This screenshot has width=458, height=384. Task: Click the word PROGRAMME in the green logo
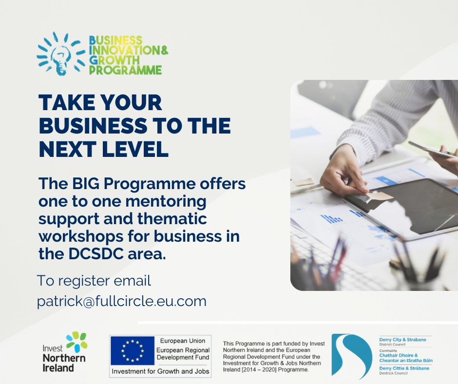[125, 70]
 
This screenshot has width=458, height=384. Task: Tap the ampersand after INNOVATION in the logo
[165, 50]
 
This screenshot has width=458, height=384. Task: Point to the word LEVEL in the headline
[135, 149]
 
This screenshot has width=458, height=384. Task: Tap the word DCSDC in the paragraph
[96, 254]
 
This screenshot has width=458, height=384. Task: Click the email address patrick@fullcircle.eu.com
[122, 302]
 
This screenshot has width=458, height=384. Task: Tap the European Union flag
[133, 350]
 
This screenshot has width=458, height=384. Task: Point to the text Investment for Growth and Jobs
[160, 371]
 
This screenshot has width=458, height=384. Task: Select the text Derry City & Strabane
[402, 340]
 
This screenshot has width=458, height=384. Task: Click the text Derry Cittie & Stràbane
[404, 368]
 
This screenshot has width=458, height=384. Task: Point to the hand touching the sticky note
[343, 173]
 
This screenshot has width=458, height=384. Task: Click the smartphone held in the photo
[432, 149]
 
